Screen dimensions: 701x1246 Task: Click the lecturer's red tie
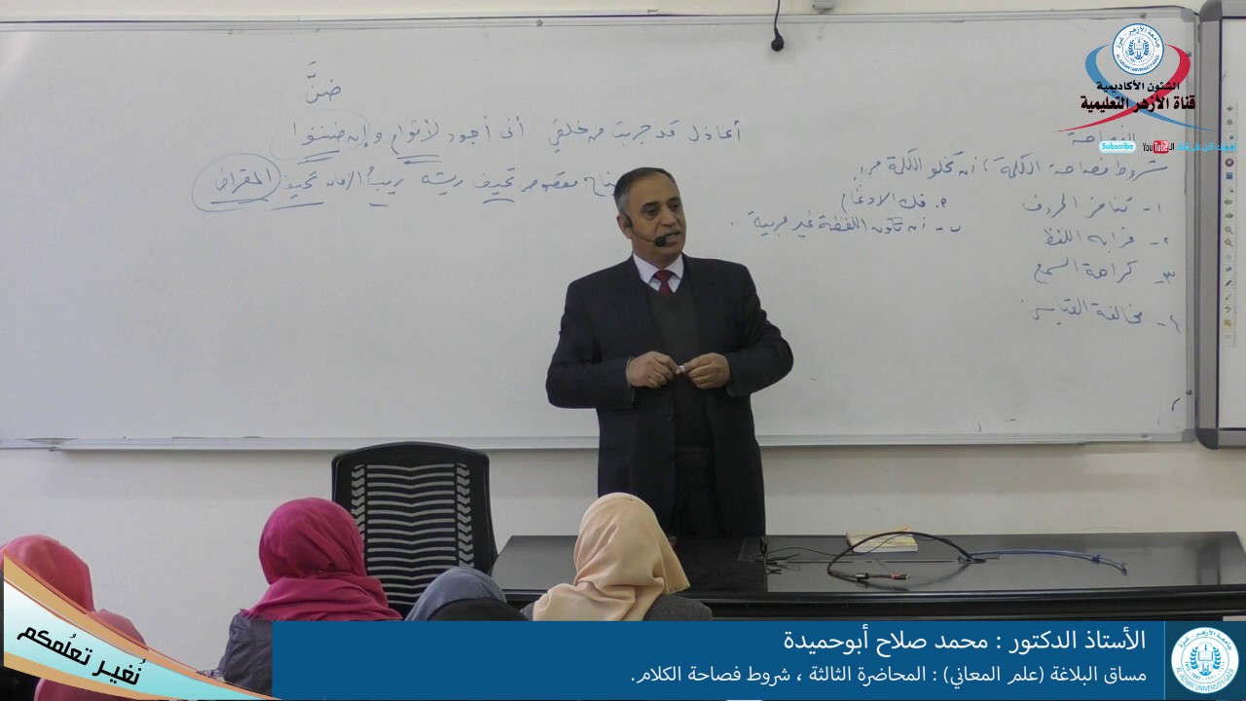664,281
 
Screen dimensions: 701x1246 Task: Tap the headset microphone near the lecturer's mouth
661,240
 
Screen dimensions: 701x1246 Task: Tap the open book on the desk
882,539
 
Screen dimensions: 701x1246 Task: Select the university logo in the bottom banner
1205,659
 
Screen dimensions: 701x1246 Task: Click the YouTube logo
1158,146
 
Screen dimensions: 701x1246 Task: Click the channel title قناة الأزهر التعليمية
1136,102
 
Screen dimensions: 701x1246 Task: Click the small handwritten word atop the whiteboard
322,88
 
